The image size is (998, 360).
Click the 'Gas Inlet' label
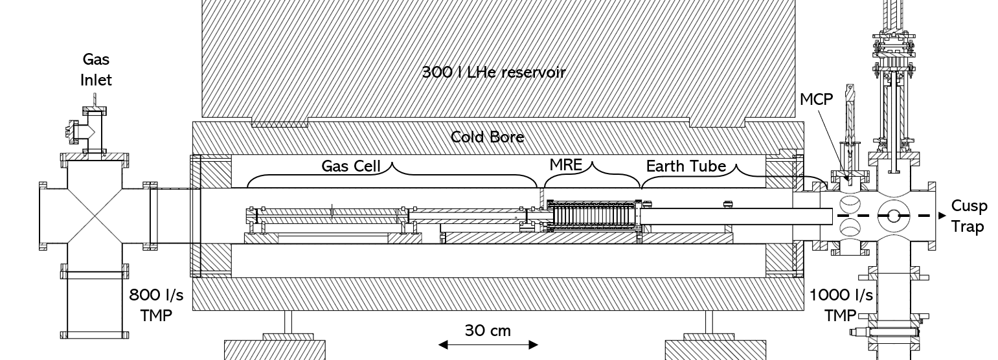96,70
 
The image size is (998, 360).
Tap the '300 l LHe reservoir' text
494,72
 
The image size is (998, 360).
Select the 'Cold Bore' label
488,137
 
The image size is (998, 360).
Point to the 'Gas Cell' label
350,166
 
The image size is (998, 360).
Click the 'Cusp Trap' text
970,216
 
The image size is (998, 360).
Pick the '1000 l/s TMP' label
841,305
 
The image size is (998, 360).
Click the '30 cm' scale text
488,331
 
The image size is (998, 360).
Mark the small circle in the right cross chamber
894,216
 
